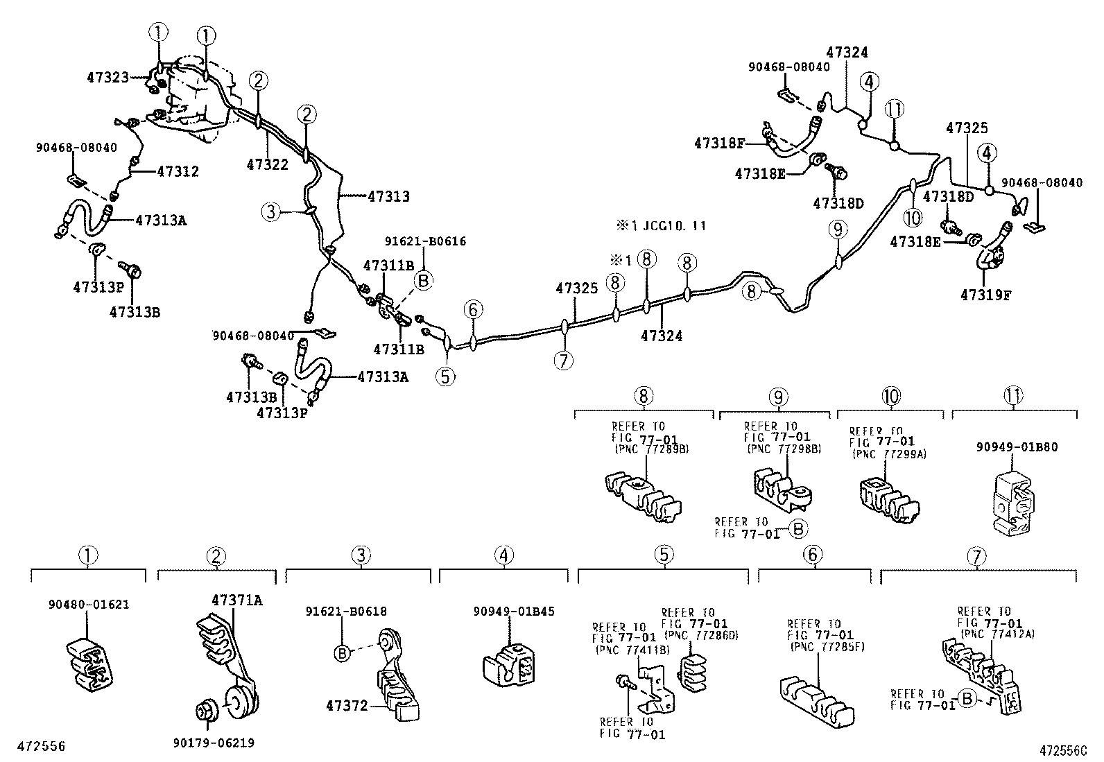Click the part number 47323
(x=107, y=78)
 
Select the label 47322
(x=267, y=164)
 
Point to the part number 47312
(x=178, y=171)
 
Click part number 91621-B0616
(x=425, y=242)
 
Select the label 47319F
(x=985, y=295)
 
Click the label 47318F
(x=719, y=144)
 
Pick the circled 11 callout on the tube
(x=895, y=109)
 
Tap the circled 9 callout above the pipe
(x=838, y=229)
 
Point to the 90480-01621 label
(x=89, y=605)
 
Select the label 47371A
(x=236, y=600)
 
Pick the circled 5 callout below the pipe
(x=445, y=376)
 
